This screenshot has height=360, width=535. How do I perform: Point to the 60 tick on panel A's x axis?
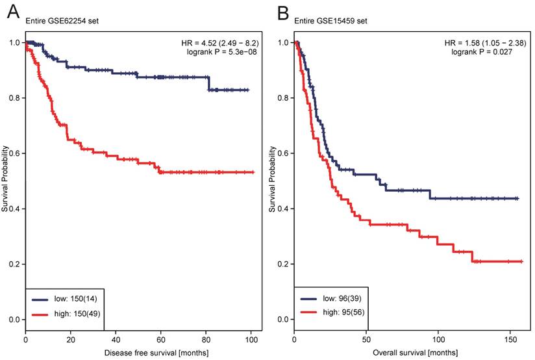pos(161,340)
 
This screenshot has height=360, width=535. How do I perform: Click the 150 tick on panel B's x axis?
pos(510,340)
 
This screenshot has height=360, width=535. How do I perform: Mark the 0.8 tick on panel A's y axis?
pos(14,98)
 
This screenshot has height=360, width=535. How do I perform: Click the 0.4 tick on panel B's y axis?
pos(284,209)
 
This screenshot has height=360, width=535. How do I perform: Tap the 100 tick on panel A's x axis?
pos(251,340)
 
